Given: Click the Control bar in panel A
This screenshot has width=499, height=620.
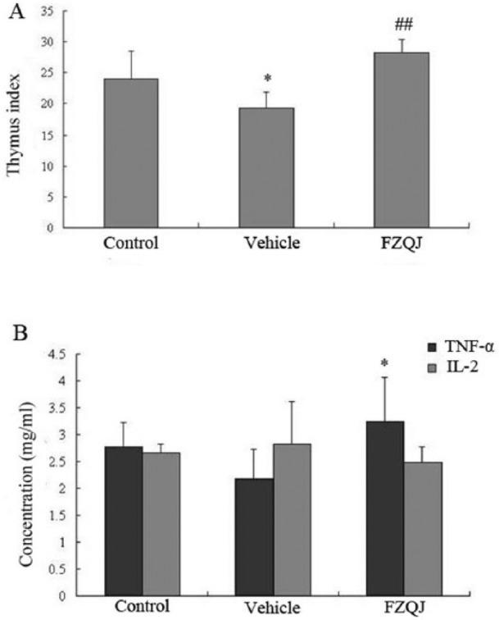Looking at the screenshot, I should pos(130,153).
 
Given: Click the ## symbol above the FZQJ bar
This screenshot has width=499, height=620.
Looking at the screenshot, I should pos(401,26).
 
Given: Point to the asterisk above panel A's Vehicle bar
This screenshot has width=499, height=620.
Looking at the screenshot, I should pos(266,79).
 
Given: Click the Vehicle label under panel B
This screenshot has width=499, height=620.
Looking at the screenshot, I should pos(271,608).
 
